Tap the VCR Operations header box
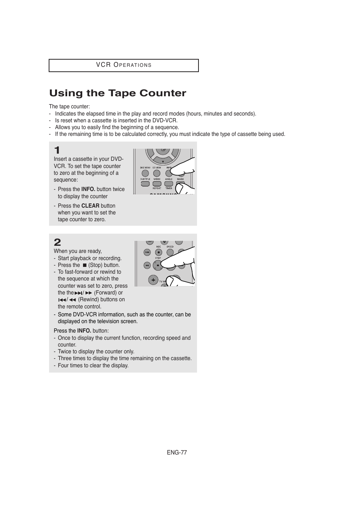[x=123, y=65]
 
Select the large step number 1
[x=57, y=150]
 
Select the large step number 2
[x=57, y=242]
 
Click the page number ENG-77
[x=177, y=453]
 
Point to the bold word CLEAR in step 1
[x=90, y=206]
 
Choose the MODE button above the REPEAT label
[x=157, y=184]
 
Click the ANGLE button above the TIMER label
[x=169, y=184]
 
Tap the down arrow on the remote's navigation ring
[x=163, y=162]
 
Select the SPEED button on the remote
[x=170, y=252]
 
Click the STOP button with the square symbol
[x=158, y=265]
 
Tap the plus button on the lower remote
[x=153, y=280]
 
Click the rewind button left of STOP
[x=147, y=265]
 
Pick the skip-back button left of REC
[x=147, y=252]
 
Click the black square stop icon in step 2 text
[x=85, y=265]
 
